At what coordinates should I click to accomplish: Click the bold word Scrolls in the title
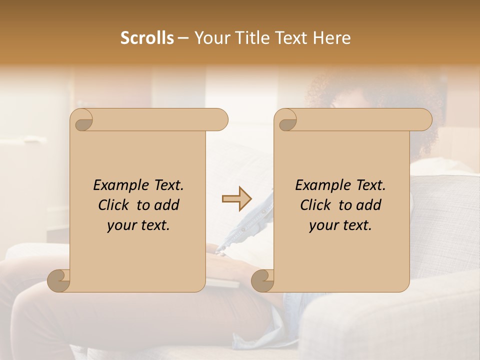coord(147,38)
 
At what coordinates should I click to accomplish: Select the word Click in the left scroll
coord(115,205)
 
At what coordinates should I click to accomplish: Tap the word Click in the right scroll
coord(317,205)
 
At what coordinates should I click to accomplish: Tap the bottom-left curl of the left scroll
coord(59,280)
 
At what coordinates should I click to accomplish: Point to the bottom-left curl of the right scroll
coord(262,280)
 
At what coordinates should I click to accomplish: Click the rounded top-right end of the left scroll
coord(220,120)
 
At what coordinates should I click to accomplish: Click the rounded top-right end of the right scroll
coord(424,120)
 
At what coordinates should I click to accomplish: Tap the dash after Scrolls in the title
coord(183,38)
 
